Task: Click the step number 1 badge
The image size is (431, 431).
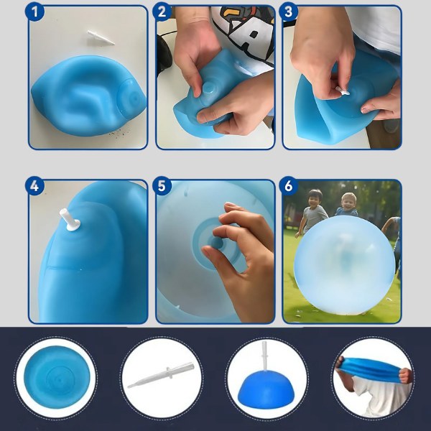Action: click(34, 11)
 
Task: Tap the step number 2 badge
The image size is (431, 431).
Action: click(162, 11)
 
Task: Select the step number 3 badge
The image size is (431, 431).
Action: click(288, 11)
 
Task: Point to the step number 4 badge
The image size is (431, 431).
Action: click(34, 186)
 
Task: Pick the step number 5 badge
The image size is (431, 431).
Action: click(162, 186)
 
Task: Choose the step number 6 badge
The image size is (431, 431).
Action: click(288, 186)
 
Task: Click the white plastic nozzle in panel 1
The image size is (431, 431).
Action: click(101, 37)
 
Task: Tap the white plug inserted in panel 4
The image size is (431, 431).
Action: click(70, 220)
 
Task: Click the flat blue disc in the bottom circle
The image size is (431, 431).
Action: click(57, 377)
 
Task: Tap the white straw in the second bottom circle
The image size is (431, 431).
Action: click(161, 375)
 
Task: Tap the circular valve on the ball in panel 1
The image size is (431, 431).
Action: click(130, 98)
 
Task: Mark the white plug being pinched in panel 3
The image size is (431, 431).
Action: click(343, 91)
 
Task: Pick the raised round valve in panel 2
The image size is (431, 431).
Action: click(209, 89)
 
